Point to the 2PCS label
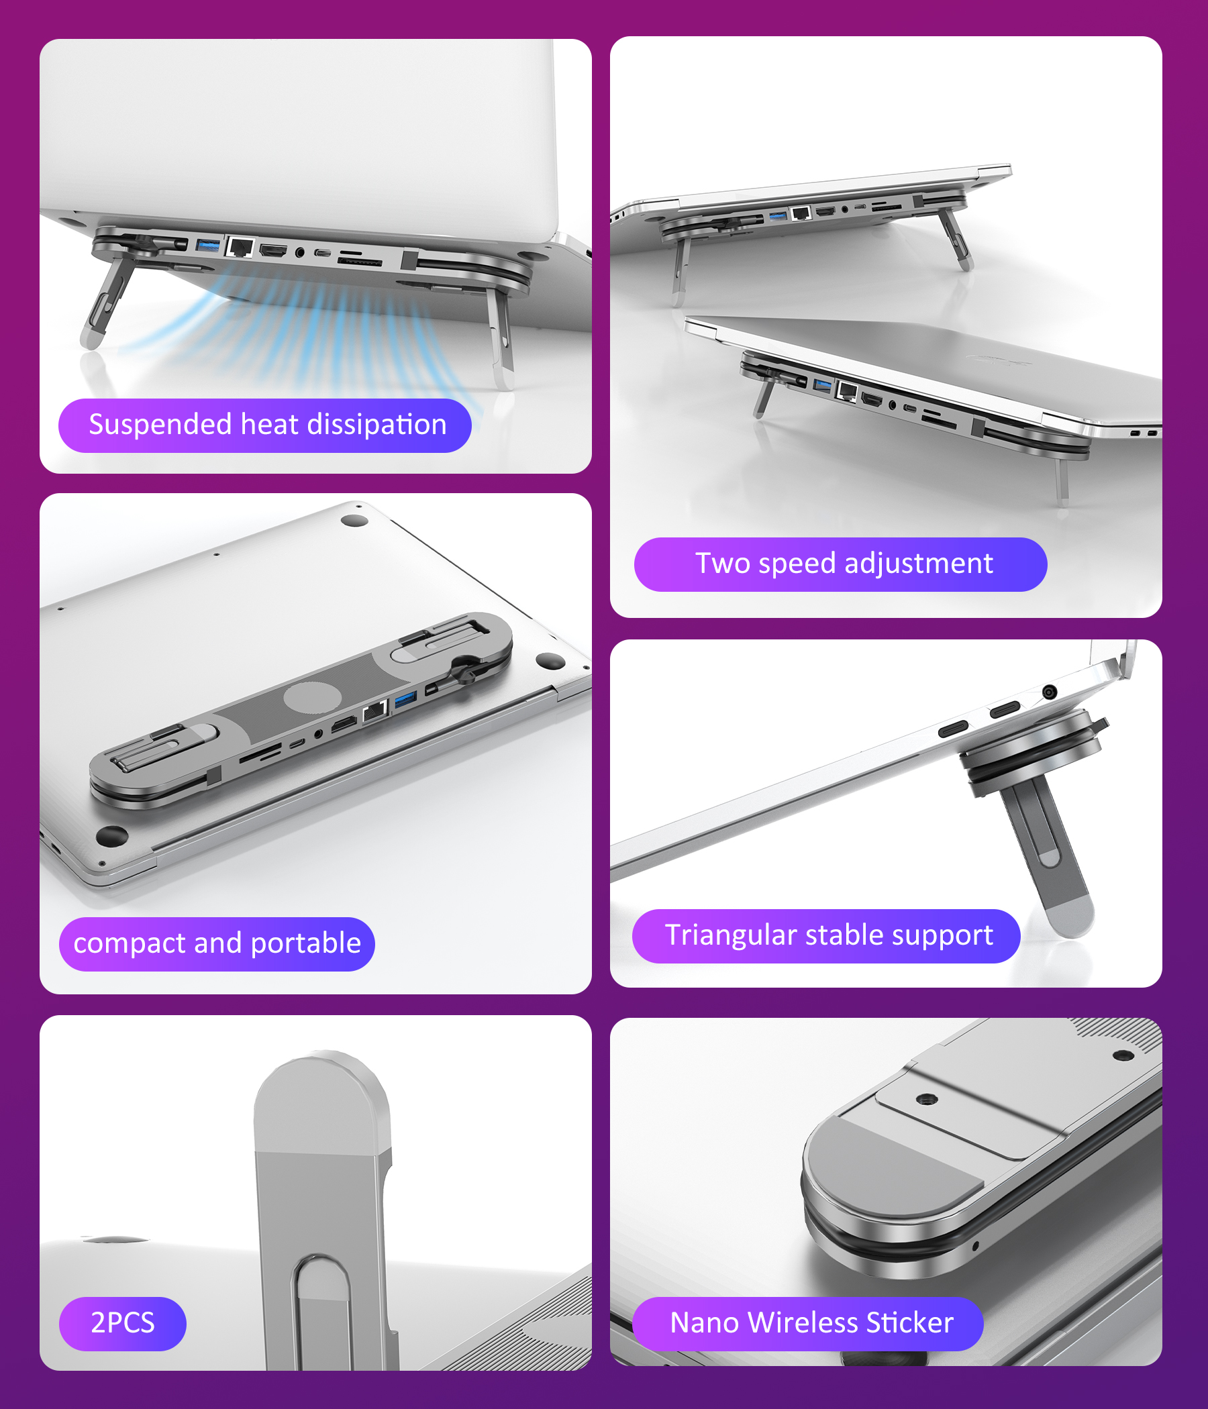point(122,1322)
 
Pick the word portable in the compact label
point(305,944)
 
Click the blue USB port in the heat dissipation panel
point(207,244)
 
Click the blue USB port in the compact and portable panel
point(405,698)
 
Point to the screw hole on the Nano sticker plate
point(927,1099)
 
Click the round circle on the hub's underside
point(312,699)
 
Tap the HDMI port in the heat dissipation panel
point(272,250)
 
